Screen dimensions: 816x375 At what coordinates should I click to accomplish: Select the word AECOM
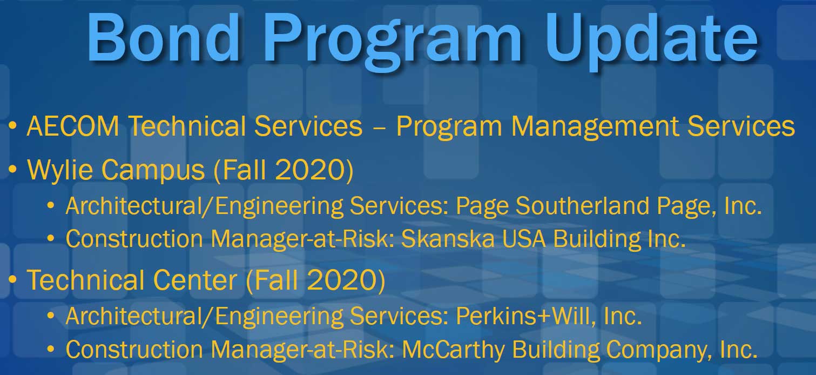pyautogui.click(x=73, y=126)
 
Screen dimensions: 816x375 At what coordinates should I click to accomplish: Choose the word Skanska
pyautogui.click(x=448, y=239)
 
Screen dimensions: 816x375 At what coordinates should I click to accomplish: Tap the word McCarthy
pyautogui.click(x=453, y=350)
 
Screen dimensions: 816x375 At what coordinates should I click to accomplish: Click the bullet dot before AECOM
pyautogui.click(x=13, y=126)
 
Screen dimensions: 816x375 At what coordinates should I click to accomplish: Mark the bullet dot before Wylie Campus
pyautogui.click(x=13, y=169)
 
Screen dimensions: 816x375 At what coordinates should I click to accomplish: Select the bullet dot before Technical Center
pyautogui.click(x=13, y=279)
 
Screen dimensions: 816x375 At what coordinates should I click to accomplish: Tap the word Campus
pyautogui.click(x=153, y=171)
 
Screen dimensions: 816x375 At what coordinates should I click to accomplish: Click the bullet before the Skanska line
pyautogui.click(x=51, y=239)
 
